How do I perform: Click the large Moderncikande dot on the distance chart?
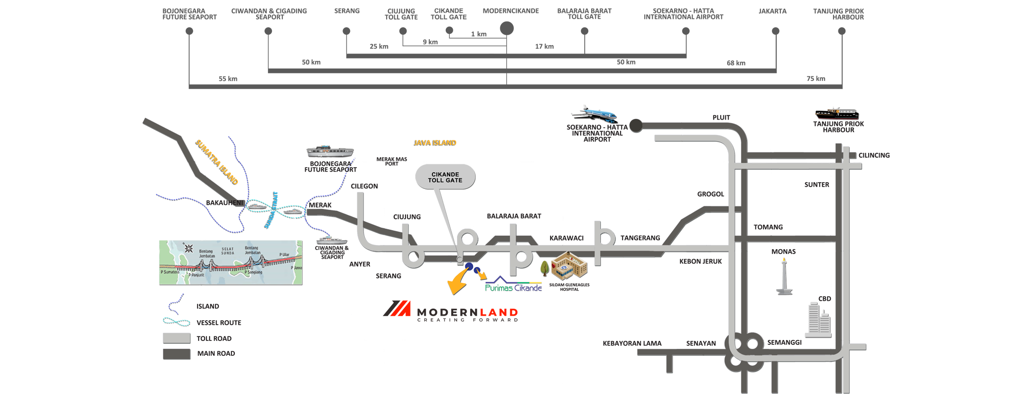coord(506,28)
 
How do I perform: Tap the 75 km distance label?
coord(816,78)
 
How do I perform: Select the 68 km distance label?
coord(736,63)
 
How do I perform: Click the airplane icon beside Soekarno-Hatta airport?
coord(595,114)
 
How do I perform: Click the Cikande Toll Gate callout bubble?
coord(445,177)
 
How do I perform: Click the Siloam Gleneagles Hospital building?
coord(569,266)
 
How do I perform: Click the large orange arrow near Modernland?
coord(458,283)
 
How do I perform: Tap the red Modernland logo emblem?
coord(397,308)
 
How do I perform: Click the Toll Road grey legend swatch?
coord(177,338)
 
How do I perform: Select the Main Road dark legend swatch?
coord(177,354)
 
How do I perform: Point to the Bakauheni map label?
coord(224,202)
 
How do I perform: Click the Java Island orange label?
coord(434,143)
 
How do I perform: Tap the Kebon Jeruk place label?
coord(700,261)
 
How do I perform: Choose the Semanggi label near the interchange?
coord(784,342)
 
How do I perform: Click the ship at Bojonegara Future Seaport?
coord(330,151)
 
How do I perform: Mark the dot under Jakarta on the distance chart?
coord(775,31)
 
